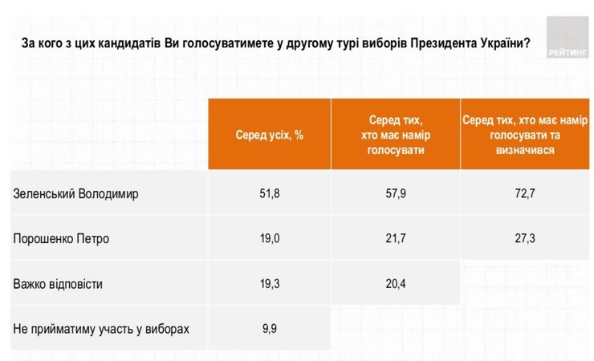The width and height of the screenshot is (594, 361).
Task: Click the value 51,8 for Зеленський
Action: click(269, 193)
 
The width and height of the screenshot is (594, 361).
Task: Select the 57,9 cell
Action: click(395, 193)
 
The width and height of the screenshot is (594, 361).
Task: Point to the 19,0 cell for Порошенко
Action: click(269, 238)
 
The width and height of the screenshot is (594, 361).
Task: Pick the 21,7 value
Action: click(395, 238)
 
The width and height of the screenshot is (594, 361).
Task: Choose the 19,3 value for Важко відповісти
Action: click(269, 283)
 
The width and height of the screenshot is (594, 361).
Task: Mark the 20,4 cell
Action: click(395, 283)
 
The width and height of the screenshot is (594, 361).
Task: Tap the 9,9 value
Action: click(269, 327)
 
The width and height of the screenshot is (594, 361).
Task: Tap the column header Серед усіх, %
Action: click(269, 135)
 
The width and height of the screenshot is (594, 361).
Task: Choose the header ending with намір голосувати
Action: click(395, 135)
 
